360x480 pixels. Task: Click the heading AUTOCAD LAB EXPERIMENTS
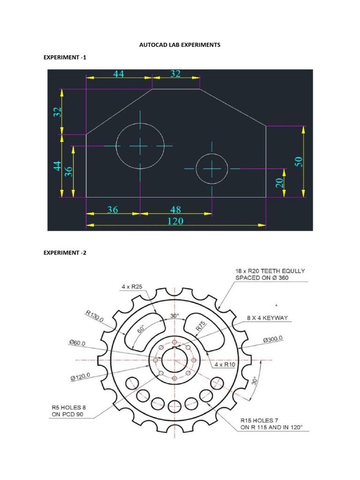[x=180, y=45]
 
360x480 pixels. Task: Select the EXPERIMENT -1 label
[x=65, y=57]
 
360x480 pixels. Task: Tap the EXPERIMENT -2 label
[x=65, y=253]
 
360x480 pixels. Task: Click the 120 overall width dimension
[x=175, y=221]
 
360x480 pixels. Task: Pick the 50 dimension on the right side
[x=299, y=161]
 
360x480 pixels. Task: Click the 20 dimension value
[x=279, y=182]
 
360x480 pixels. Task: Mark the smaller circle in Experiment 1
[x=212, y=168]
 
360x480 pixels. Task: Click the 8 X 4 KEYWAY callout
[x=268, y=318]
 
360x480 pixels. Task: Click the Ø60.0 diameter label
[x=78, y=343]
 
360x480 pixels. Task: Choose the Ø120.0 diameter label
[x=83, y=376]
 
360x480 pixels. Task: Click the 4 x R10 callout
[x=226, y=364]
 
